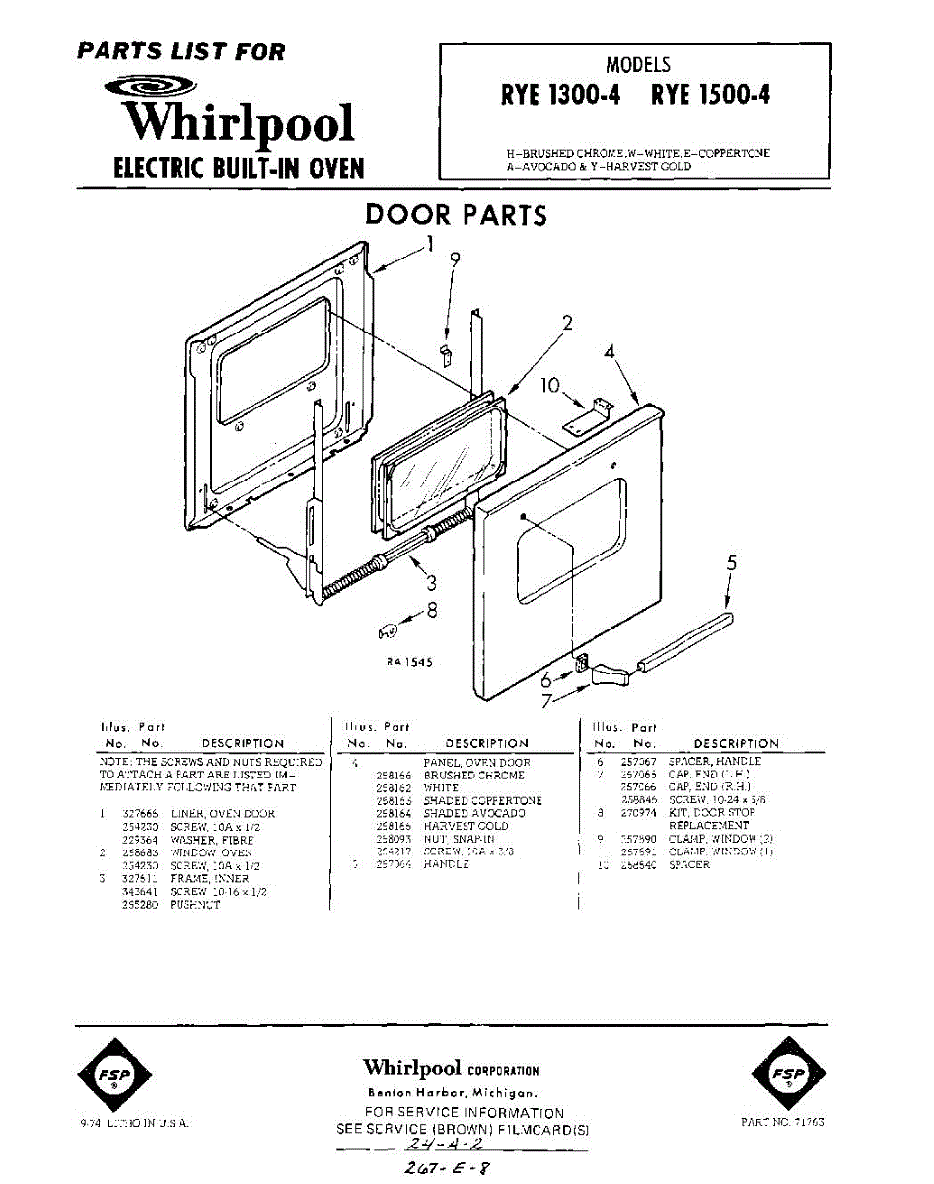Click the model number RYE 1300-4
pyautogui.click(x=559, y=95)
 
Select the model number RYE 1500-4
pyautogui.click(x=710, y=95)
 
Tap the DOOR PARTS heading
pyautogui.click(x=456, y=215)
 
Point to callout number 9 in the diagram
pyautogui.click(x=455, y=259)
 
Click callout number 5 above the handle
pyautogui.click(x=731, y=564)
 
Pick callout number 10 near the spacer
pyautogui.click(x=550, y=384)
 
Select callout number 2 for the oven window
pyautogui.click(x=567, y=323)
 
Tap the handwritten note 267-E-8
pyautogui.click(x=441, y=1169)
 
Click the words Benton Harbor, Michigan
pyautogui.click(x=451, y=1093)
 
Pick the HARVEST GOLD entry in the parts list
pyautogui.click(x=466, y=826)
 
